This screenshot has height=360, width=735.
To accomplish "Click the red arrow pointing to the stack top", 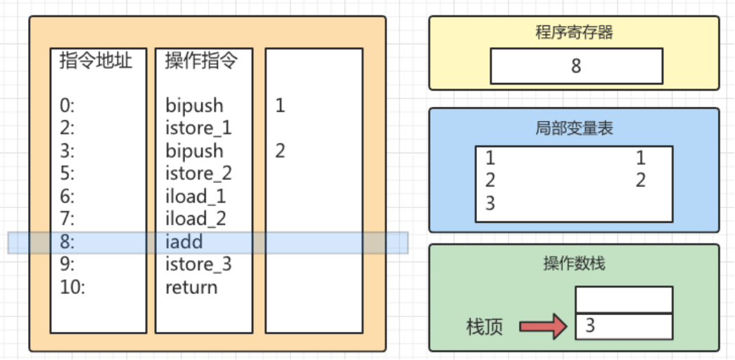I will (542, 326).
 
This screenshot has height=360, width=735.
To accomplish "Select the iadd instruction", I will (184, 242).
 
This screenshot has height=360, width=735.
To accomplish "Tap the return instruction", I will (191, 287).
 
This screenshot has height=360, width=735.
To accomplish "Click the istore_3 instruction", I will (198, 264).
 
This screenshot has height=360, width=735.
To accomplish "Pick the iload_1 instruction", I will (196, 197).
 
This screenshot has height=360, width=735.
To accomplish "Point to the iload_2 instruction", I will (196, 219).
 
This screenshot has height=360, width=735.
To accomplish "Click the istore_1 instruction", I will (198, 129).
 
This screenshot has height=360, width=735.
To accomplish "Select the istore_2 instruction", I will (198, 174).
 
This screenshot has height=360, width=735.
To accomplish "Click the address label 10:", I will (72, 287).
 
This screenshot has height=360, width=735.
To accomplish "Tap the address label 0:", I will (68, 106).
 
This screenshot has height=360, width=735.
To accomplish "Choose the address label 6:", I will (68, 197).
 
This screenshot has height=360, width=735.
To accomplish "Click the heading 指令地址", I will (96, 61).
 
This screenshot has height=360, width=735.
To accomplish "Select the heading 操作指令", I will (201, 61).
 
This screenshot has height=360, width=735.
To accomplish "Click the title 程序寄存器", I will (574, 33).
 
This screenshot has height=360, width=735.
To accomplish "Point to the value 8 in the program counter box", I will (576, 67).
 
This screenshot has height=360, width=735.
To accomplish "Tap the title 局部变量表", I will (574, 128).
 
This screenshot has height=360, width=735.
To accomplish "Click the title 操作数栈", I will (574, 264).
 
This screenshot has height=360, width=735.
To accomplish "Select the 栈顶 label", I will (485, 327).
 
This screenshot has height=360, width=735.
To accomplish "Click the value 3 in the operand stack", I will (590, 326).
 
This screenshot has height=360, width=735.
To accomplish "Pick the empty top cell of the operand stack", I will (623, 300).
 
